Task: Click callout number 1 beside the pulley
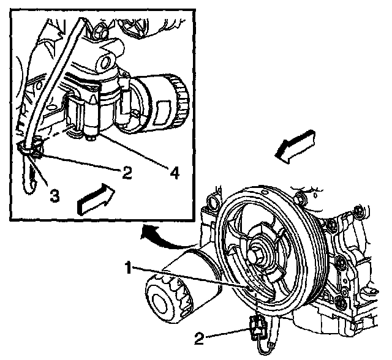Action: click(129, 268)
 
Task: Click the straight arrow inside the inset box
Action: click(96, 199)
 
